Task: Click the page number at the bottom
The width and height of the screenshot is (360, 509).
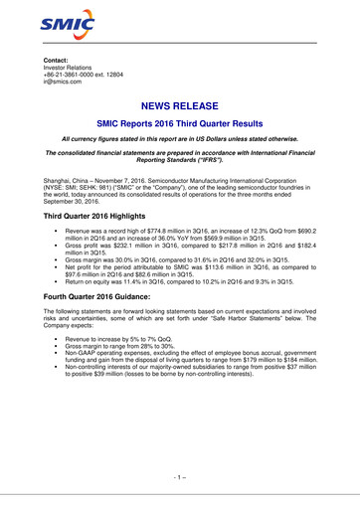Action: point(180,479)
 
